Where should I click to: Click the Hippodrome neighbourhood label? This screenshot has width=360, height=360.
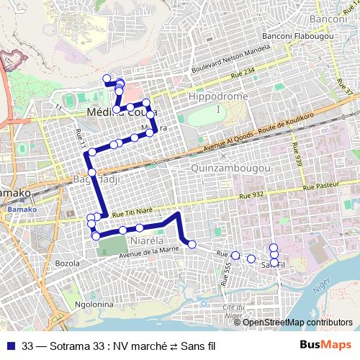pyautogui.click(x=217, y=96)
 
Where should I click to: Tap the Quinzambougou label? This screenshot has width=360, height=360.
pyautogui.click(x=231, y=168)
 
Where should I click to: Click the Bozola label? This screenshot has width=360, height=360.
pyautogui.click(x=67, y=264)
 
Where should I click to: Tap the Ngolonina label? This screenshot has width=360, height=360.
pyautogui.click(x=89, y=305)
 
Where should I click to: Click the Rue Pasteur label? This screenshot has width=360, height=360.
pyautogui.click(x=322, y=186)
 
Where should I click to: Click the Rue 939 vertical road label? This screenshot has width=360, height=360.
pyautogui.click(x=294, y=153)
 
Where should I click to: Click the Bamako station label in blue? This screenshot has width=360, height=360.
pyautogui.click(x=17, y=210)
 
